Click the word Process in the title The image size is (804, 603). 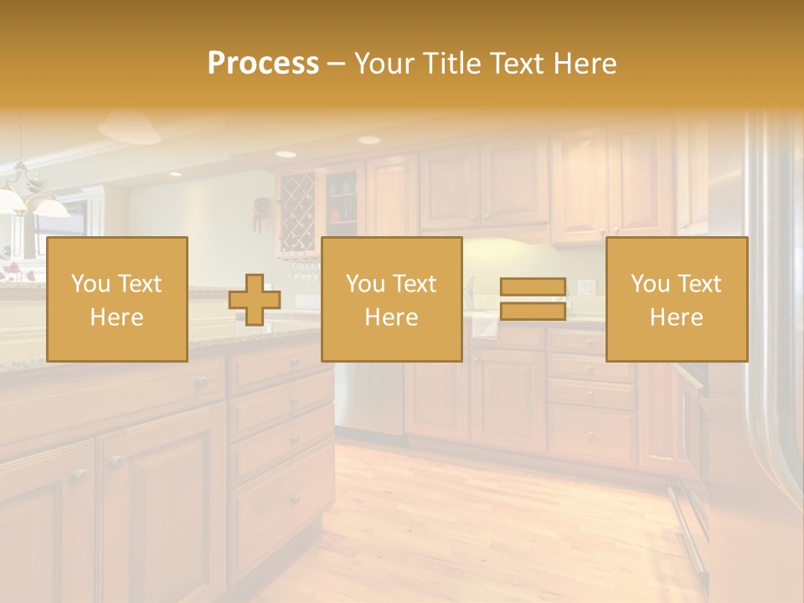(263, 64)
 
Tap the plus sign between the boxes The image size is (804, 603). (255, 300)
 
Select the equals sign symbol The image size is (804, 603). (533, 299)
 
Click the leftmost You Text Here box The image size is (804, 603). (116, 299)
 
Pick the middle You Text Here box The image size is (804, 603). (391, 299)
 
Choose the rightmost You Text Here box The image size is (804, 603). (676, 299)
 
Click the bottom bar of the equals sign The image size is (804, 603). (533, 312)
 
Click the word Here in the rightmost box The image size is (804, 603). (676, 317)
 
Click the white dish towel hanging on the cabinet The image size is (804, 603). (485, 325)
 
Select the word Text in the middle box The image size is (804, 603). (415, 284)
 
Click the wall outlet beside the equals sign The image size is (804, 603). (587, 287)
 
